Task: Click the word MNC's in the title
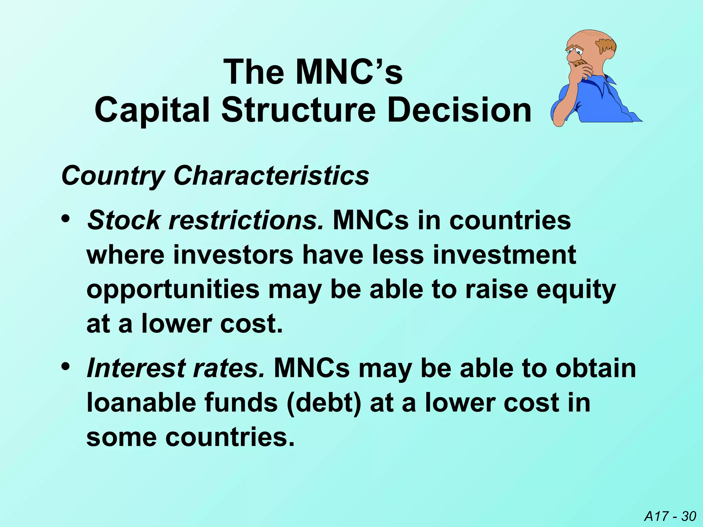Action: tap(349, 72)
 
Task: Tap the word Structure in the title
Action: tap(298, 110)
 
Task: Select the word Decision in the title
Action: tap(459, 110)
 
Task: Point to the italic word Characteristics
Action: tap(271, 176)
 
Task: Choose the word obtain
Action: tap(596, 368)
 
